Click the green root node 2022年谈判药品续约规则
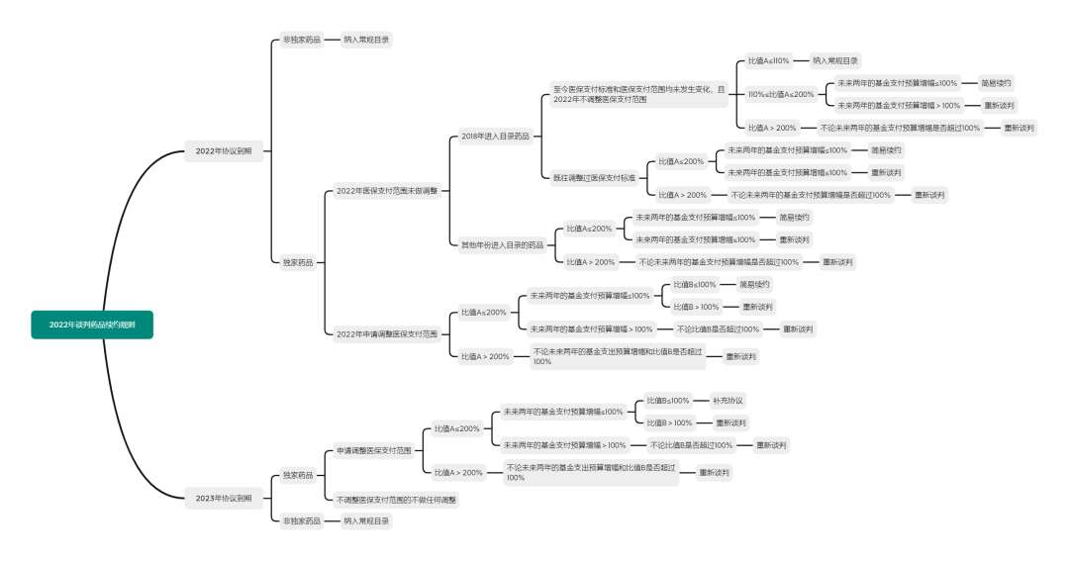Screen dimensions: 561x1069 pos(92,325)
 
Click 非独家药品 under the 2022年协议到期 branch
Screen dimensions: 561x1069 pos(301,40)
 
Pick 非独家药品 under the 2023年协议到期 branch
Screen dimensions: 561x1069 pos(301,520)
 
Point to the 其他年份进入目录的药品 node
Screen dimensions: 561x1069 pos(502,244)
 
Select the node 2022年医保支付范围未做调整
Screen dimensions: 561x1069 pos(387,190)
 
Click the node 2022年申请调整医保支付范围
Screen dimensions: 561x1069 pos(387,334)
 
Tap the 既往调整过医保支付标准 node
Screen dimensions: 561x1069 pos(594,178)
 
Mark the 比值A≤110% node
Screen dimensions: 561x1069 pos(769,60)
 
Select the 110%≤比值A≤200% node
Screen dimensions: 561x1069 pos(781,94)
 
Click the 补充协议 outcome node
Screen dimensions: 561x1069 pos(728,401)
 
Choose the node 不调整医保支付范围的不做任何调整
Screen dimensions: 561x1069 pos(397,501)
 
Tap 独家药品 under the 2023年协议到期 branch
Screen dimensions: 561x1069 pos(297,475)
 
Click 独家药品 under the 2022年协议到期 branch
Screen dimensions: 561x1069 pos(297,262)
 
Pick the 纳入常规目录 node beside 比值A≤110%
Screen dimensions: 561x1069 pos(835,60)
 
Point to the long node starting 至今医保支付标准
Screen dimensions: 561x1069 pos(638,94)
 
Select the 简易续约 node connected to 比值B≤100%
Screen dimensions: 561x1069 pos(754,284)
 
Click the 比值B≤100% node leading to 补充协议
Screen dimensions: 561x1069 pos(668,401)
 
